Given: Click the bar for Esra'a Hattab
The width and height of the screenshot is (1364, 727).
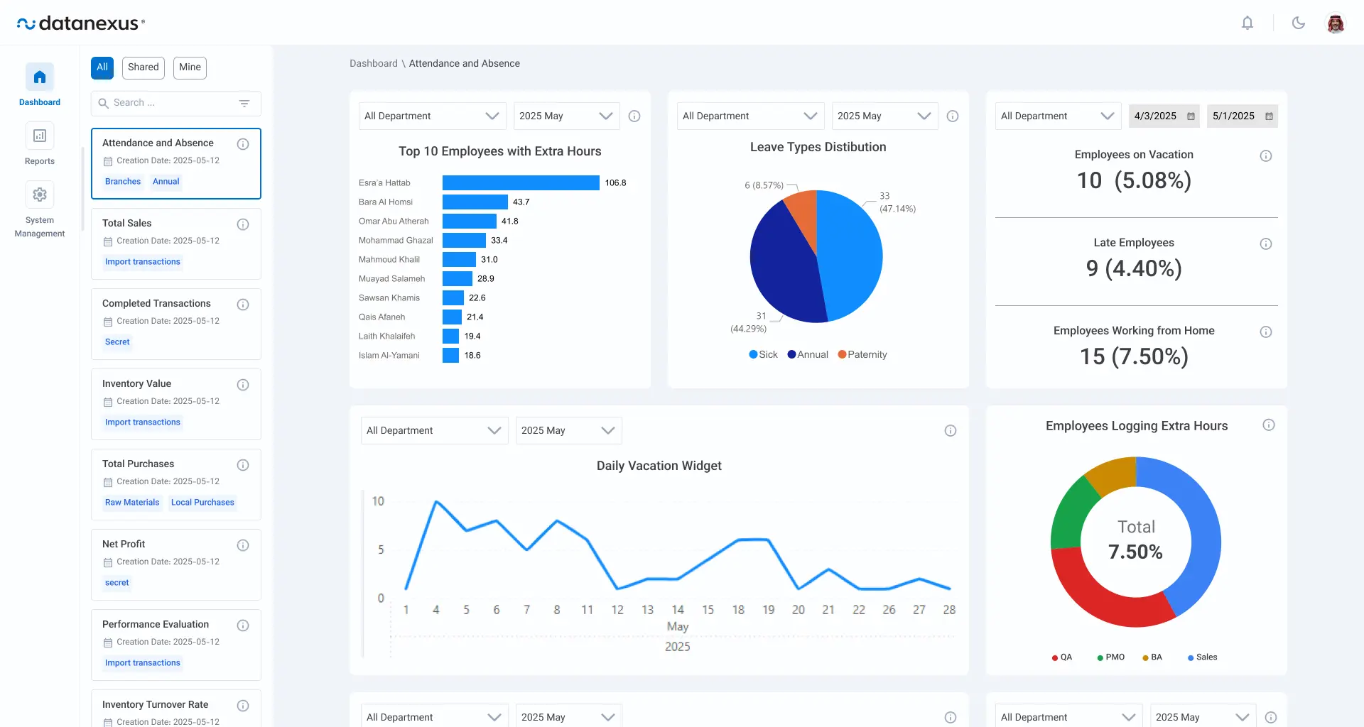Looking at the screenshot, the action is [521, 182].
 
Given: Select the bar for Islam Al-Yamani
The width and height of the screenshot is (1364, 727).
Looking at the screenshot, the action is [450, 355].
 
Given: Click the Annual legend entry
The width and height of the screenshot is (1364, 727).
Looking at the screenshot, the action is [808, 354].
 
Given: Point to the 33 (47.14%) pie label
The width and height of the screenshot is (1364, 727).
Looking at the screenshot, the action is [897, 202].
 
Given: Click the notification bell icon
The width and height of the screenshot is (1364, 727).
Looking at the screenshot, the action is [1247, 23].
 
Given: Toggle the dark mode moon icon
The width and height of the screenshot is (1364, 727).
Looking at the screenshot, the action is [1299, 23].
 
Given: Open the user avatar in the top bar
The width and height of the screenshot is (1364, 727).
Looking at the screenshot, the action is [1336, 23].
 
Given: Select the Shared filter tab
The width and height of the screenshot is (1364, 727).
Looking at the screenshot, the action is [144, 67].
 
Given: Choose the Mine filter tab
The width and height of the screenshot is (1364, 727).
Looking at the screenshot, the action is [190, 67].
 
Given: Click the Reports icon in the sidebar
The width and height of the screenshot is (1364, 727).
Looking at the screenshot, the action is [40, 136].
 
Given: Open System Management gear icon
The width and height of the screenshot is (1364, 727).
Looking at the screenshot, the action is [40, 195].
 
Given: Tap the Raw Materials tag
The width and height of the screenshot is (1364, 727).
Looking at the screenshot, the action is [132, 503].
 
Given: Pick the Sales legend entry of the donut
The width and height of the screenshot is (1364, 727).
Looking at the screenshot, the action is [1202, 657].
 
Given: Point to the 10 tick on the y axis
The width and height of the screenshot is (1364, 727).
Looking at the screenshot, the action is [378, 501].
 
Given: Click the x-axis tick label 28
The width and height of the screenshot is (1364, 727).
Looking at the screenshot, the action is [949, 610].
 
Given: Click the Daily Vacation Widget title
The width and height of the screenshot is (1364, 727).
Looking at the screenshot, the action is [659, 466].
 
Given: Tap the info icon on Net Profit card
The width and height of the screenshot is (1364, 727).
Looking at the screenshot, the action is [243, 545].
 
